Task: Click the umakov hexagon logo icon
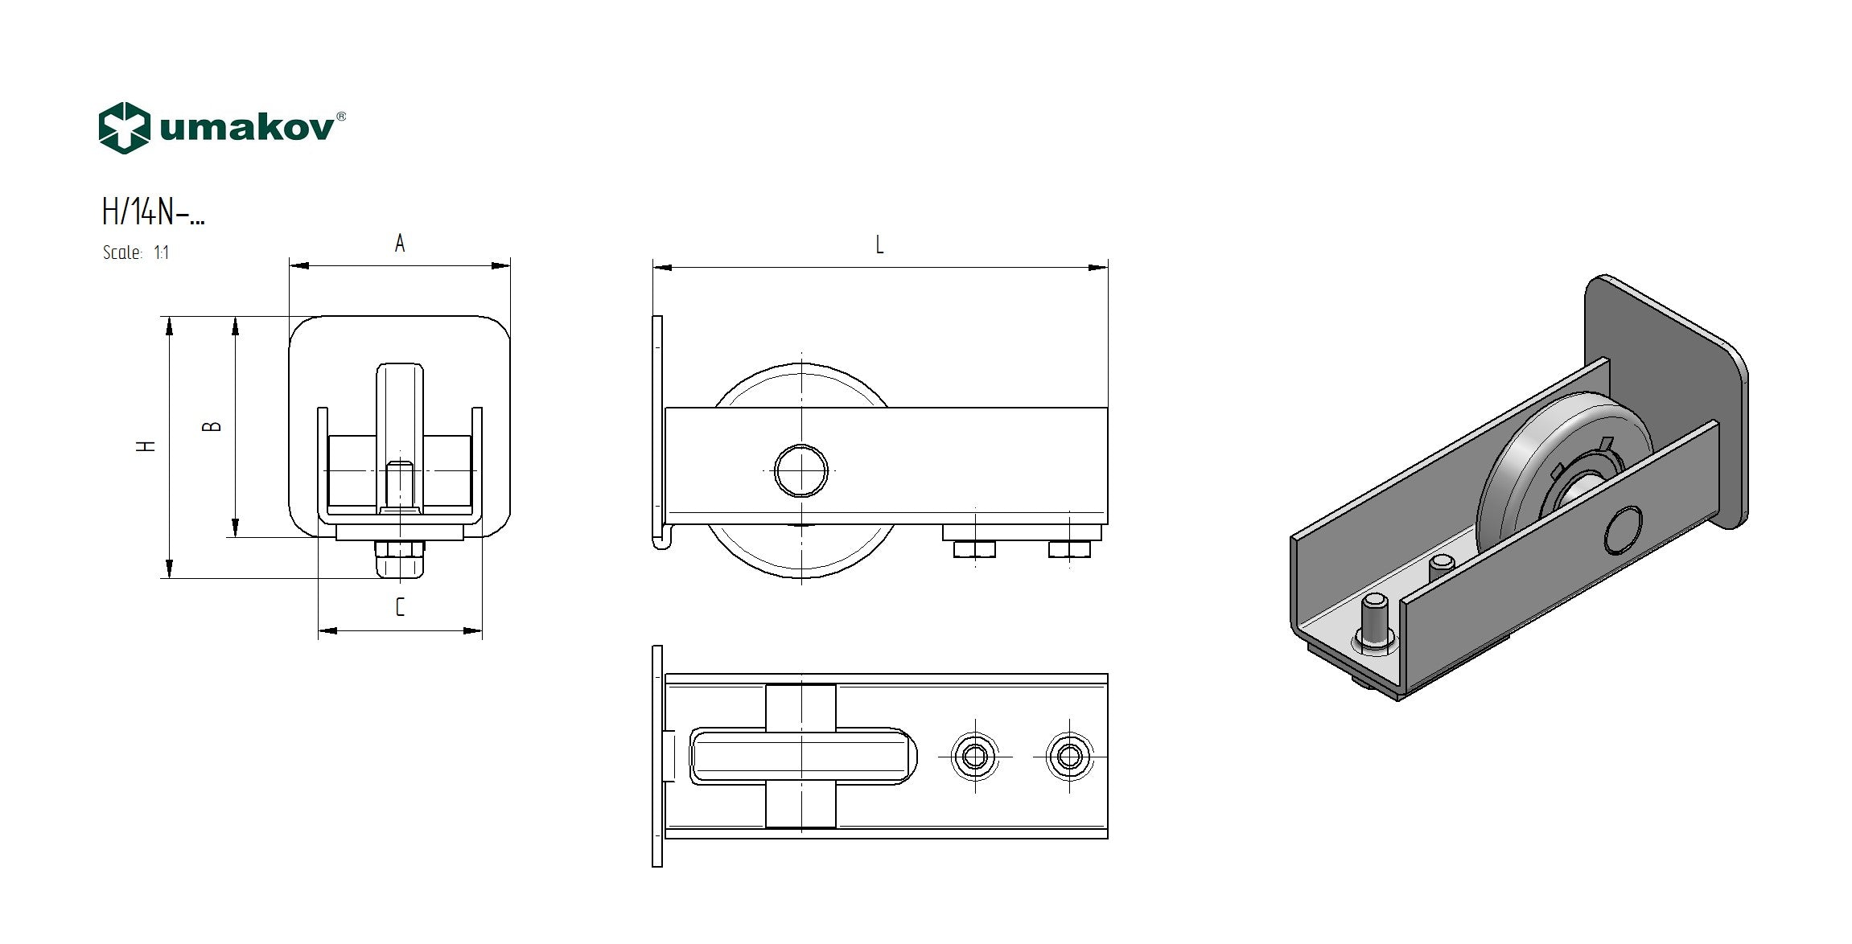point(124,128)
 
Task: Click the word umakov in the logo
point(248,129)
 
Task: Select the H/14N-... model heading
point(153,212)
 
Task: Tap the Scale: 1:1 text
point(136,252)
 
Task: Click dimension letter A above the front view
point(400,244)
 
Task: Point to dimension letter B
point(212,426)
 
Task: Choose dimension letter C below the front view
point(400,607)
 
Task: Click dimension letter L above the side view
point(879,244)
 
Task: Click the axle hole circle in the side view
point(801,470)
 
